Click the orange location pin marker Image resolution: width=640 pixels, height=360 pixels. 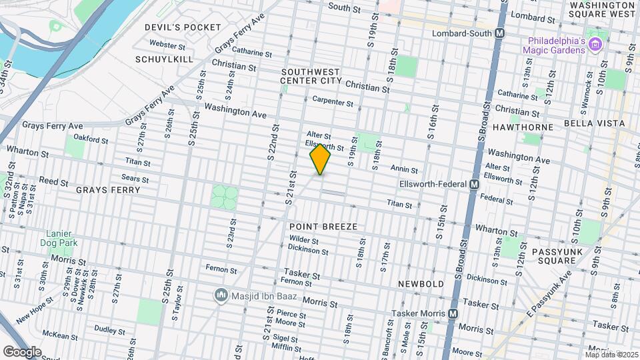click(320, 159)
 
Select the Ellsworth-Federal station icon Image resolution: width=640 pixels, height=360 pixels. click(475, 184)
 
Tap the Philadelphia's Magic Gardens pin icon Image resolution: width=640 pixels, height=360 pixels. click(596, 45)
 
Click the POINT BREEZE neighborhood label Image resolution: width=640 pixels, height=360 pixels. click(323, 227)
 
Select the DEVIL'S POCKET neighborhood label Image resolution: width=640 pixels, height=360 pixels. click(183, 27)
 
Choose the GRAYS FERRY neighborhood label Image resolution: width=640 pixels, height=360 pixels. click(108, 190)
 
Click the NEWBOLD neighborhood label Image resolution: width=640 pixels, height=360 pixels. click(421, 284)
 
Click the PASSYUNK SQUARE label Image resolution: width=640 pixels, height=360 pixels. click(553, 257)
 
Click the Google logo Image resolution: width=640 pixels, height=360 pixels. click(21, 351)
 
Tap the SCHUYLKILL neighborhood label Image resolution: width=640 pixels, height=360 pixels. click(163, 59)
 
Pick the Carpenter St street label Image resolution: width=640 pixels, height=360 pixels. click(333, 102)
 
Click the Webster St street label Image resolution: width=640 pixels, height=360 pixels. click(167, 45)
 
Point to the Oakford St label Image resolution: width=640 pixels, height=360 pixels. click(91, 140)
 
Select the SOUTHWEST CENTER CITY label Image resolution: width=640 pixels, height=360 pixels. click(311, 76)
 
